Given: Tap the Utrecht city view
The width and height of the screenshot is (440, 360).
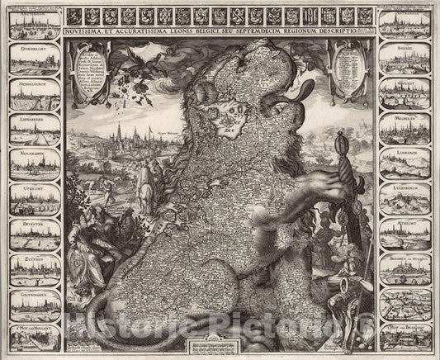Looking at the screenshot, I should [33, 198].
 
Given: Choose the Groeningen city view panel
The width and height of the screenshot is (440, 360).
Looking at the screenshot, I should [33, 305].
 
